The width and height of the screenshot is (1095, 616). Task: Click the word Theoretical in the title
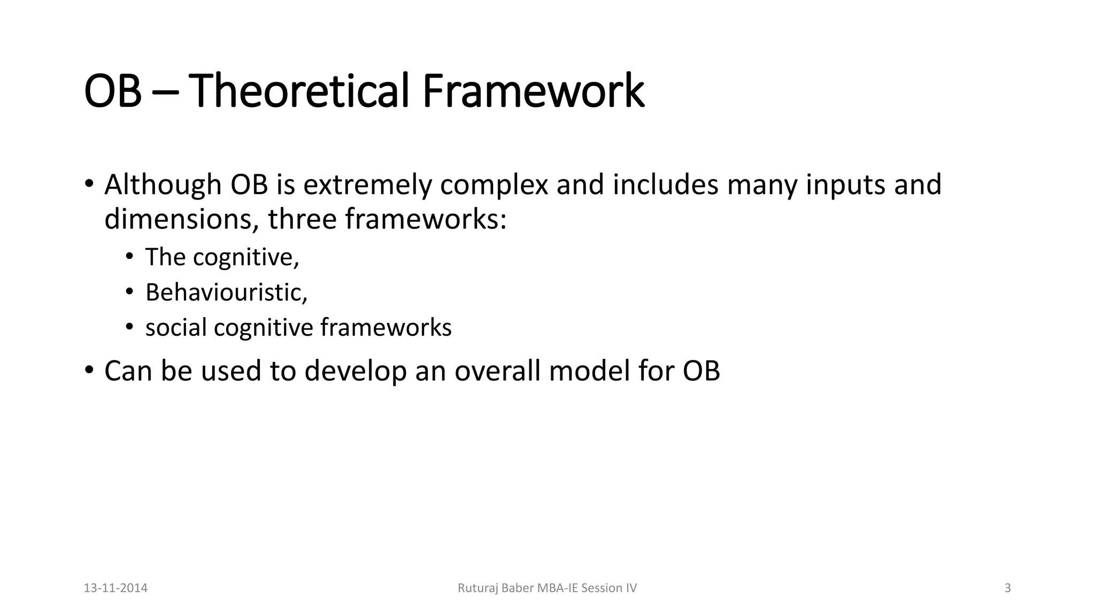[302, 91]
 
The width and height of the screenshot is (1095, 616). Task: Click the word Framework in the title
[533, 91]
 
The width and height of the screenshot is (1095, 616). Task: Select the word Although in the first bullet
[163, 185]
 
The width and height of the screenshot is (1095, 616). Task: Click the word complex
[494, 185]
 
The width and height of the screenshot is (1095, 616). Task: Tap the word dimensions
[182, 219]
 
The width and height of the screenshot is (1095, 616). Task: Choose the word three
[302, 219]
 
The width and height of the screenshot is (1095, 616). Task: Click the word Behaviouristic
[226, 292]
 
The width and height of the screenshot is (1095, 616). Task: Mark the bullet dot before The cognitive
[129, 257]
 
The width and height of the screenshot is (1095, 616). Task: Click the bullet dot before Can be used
[89, 370]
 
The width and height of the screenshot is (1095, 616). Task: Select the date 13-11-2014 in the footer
[115, 588]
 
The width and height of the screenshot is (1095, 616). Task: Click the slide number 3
[1008, 588]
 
